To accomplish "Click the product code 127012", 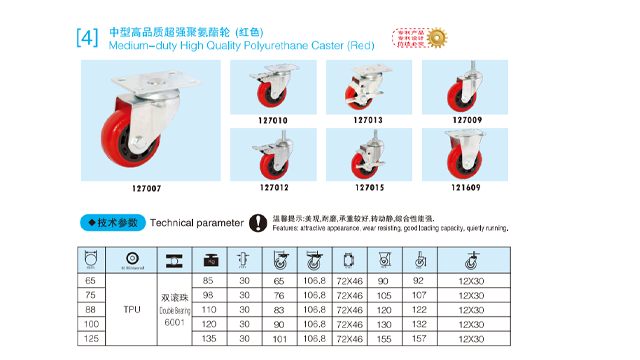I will click(273, 187).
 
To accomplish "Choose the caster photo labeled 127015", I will click(368, 155).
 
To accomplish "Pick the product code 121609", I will click(464, 187).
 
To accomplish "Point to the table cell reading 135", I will click(208, 338).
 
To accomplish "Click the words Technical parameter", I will click(197, 222).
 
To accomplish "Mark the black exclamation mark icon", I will click(258, 222).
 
